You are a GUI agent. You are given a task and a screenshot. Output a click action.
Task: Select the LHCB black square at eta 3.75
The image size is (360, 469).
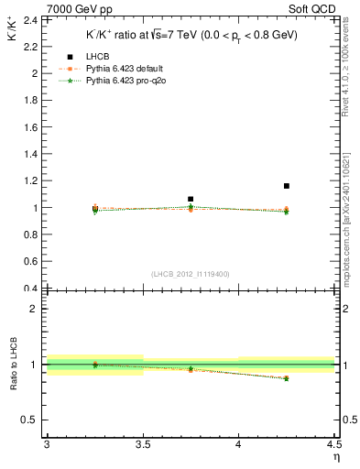tap(191, 199)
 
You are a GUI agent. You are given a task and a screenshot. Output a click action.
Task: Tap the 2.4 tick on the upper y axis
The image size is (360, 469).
tap(33, 19)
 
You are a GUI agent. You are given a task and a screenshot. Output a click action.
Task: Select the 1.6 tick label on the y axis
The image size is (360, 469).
tap(33, 126)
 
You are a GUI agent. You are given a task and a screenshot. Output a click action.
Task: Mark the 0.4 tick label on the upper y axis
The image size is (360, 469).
tap(33, 289)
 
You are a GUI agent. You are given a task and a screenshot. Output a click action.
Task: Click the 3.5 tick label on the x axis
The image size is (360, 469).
tap(142, 444)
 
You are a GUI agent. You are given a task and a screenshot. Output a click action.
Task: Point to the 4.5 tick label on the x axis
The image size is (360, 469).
tap(333, 444)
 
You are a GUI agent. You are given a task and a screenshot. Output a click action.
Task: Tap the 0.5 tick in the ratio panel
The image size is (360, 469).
tap(33, 420)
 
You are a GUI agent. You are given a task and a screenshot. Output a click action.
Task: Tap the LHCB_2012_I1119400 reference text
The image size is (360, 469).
tap(191, 274)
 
